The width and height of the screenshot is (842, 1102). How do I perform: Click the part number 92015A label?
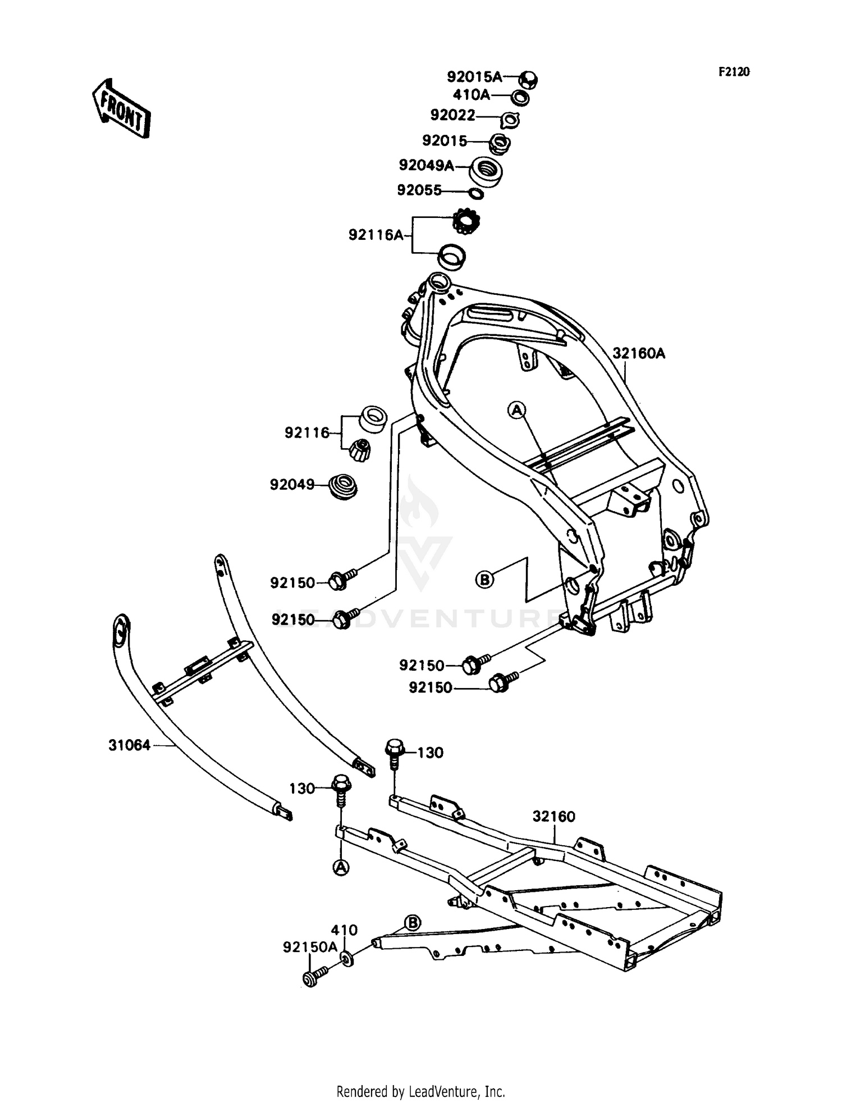coord(474,77)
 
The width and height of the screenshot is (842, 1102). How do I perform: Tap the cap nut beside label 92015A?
coord(528,80)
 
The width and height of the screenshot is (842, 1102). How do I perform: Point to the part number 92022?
coord(452,115)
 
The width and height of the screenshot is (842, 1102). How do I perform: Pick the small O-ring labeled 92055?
coord(475,194)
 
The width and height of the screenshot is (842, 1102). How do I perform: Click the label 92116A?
coord(376,235)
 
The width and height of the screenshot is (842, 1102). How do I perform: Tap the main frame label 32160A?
coord(638,354)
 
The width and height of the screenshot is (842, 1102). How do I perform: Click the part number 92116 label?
coord(307,433)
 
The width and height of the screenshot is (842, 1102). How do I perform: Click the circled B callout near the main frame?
coord(484,579)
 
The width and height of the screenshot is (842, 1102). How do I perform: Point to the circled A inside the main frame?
coord(516,411)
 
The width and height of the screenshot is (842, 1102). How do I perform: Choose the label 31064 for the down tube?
coord(130,745)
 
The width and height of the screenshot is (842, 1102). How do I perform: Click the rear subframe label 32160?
coord(554,816)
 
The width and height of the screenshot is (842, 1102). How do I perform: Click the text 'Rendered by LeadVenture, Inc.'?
coord(421,1092)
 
